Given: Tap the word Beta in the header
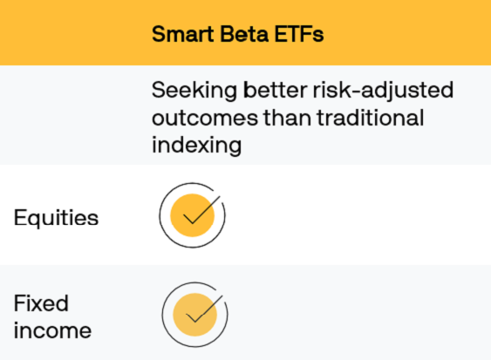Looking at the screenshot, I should click(x=237, y=34).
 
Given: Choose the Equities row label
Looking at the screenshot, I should click(x=56, y=217).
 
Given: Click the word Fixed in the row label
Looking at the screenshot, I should click(x=41, y=303).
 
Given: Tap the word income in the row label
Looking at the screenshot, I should click(x=52, y=331).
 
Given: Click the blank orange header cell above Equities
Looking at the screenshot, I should click(x=70, y=33).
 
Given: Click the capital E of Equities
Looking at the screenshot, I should click(x=20, y=217).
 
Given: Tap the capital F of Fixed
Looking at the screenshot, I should click(x=19, y=303).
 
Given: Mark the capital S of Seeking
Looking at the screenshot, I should click(x=159, y=91).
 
